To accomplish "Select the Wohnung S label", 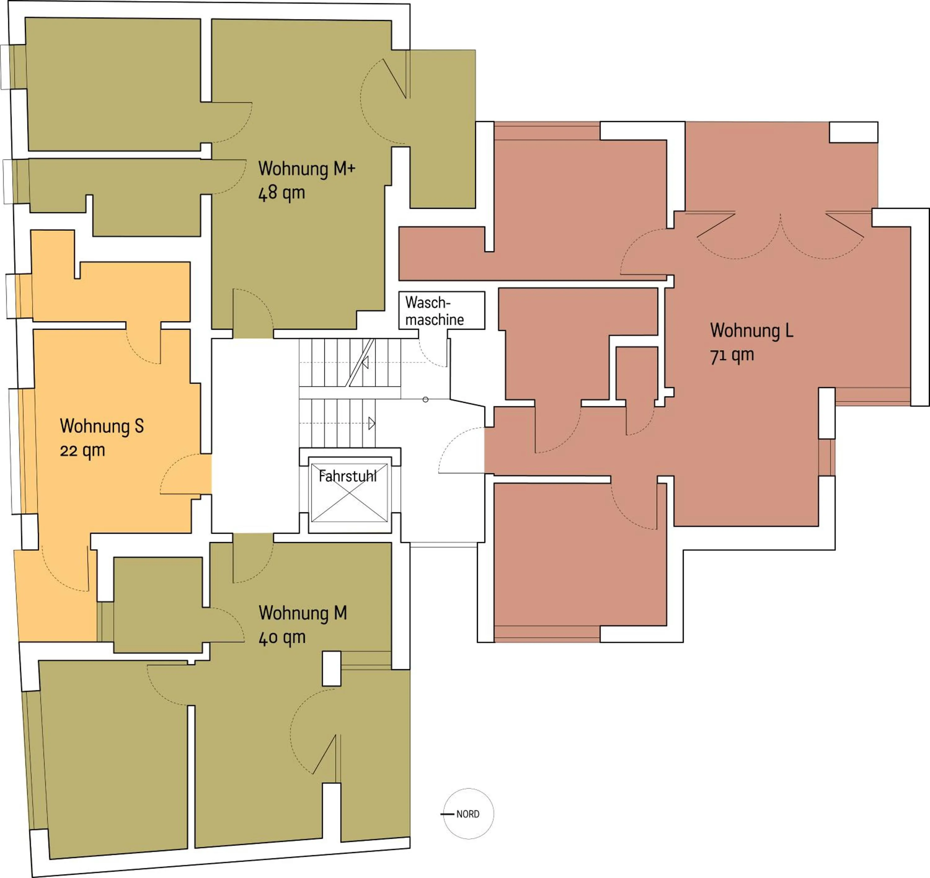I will coord(102,426).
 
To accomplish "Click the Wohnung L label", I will coord(751,330).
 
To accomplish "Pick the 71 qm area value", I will coord(732,355).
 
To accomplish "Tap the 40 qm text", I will coord(282,637).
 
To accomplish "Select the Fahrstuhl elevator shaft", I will coord(349,492).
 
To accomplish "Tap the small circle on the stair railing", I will coord(425,399).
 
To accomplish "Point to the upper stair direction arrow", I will coord(365,362).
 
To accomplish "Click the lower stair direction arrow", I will coord(371,423).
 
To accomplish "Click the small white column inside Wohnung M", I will coord(331,669).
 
